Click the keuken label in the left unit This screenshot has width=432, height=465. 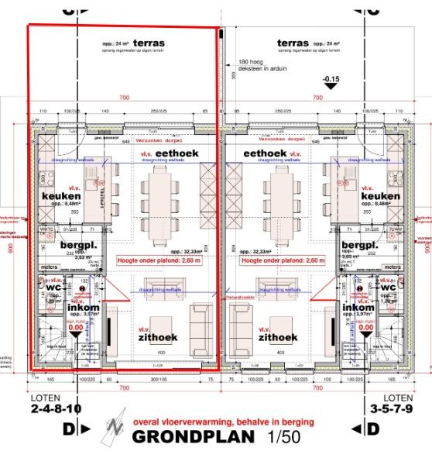pyautogui.click(x=62, y=196)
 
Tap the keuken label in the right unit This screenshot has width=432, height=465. pyautogui.click(x=380, y=196)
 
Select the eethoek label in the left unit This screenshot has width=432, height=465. pyautogui.click(x=177, y=154)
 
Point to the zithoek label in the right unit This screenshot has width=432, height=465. pyautogui.click(x=278, y=337)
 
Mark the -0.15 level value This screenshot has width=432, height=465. pyautogui.click(x=331, y=79)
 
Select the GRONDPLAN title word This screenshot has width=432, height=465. pyautogui.click(x=194, y=436)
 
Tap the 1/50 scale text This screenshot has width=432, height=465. pyautogui.click(x=281, y=436)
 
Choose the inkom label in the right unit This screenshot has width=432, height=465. pyautogui.click(x=358, y=307)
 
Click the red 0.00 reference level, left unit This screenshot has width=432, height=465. pyautogui.click(x=75, y=328)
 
